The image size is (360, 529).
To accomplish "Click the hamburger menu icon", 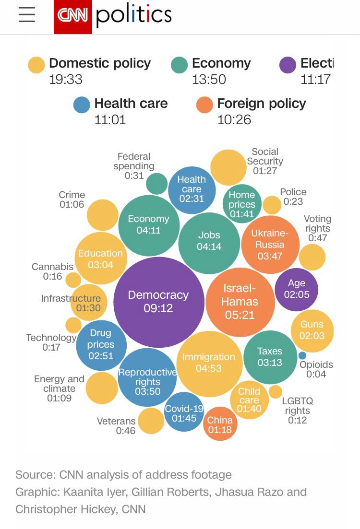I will [x=27, y=14].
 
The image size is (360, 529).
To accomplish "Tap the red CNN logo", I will [x=72, y=16].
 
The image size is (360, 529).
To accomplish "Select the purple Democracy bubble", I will [x=158, y=301].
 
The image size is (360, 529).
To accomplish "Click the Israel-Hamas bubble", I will [x=240, y=302].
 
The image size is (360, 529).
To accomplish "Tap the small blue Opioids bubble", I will [x=302, y=355].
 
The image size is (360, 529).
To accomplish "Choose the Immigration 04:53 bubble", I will [x=209, y=363].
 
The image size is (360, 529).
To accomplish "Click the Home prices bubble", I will [x=242, y=204].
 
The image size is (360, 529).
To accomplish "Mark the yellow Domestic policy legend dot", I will [x=36, y=65].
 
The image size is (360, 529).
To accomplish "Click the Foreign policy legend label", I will [x=261, y=104].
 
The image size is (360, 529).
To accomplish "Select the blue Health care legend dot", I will [x=82, y=105].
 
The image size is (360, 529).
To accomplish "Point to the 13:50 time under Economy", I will [x=209, y=79].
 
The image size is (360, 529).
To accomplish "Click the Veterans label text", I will [x=116, y=422].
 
